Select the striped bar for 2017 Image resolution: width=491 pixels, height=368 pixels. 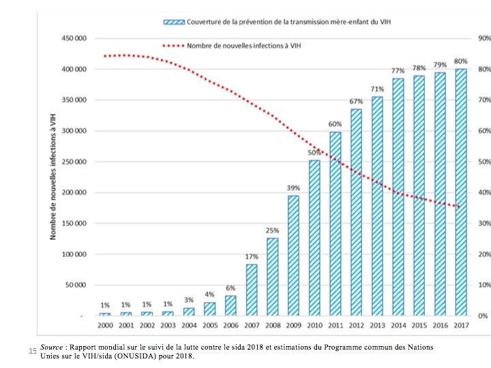click(461, 192)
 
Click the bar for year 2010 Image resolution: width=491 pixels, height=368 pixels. click(314, 237)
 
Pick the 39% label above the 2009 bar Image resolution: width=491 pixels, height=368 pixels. click(293, 188)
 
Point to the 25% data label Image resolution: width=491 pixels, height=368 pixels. click(272, 230)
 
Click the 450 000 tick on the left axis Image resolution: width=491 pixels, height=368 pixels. click(72, 38)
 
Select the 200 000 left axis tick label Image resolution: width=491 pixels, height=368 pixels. click(72, 193)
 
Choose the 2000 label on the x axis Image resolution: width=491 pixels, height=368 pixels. click(104, 325)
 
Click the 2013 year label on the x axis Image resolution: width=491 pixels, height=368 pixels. click(377, 325)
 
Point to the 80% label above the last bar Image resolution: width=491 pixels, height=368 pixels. click(461, 61)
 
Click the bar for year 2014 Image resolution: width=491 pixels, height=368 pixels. click(398, 197)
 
